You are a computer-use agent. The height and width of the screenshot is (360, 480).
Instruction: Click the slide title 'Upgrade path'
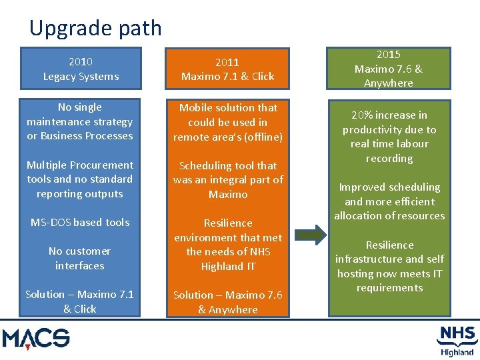(x=95, y=28)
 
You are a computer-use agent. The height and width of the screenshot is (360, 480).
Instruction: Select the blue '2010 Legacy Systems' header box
(x=81, y=69)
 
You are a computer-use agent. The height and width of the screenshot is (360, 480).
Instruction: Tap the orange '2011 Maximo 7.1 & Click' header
(x=227, y=69)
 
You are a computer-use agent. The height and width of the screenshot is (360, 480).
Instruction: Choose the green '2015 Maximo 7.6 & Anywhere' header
(x=388, y=68)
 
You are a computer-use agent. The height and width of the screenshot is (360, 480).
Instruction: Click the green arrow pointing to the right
(x=310, y=234)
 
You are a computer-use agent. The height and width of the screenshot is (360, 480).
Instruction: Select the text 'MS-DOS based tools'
(x=80, y=222)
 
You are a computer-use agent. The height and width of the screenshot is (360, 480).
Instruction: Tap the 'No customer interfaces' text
(x=80, y=258)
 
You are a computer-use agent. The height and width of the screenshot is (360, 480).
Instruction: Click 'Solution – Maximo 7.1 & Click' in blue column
(x=80, y=301)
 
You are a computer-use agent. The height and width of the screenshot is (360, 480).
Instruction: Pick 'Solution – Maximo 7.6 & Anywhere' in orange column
(x=227, y=302)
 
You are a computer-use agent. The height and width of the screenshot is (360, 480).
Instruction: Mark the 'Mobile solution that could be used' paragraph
(x=227, y=122)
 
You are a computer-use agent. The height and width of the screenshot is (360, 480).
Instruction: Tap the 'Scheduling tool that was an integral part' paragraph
(x=227, y=180)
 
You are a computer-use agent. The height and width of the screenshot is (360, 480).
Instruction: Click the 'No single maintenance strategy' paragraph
(x=80, y=121)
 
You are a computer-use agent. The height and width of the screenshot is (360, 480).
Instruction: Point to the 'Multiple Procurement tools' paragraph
(x=80, y=179)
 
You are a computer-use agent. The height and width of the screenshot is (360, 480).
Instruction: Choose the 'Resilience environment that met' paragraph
(x=227, y=244)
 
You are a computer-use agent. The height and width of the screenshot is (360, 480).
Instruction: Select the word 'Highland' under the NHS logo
(x=457, y=352)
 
